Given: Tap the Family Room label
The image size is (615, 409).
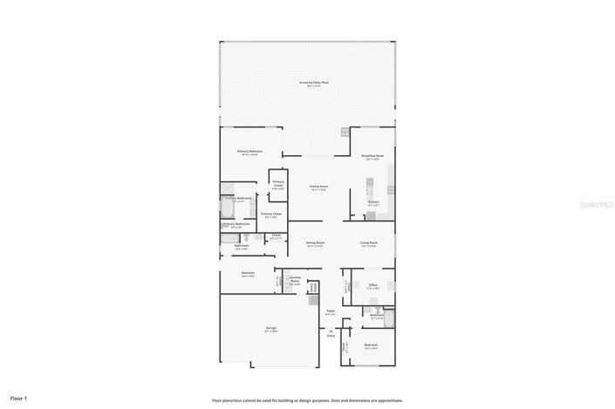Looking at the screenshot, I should point(318,187).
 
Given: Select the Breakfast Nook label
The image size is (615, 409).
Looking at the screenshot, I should point(373,156).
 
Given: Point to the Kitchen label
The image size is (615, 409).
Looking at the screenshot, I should point(373,203).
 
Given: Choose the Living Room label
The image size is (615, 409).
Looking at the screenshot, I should point(369,243).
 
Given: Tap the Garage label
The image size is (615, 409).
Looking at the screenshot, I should point(271,328).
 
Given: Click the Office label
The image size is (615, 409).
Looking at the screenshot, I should point(372,285).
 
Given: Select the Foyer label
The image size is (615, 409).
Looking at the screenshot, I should point(331,310).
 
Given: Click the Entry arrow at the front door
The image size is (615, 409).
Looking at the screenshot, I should point(331,332).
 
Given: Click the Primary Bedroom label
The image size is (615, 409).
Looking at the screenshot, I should point(250,152).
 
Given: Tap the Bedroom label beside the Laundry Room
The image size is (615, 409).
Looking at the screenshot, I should point(248,273).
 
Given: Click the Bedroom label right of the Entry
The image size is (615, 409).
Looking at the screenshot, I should point(371,345).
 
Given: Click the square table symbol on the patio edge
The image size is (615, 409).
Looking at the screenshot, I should point(345,133).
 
